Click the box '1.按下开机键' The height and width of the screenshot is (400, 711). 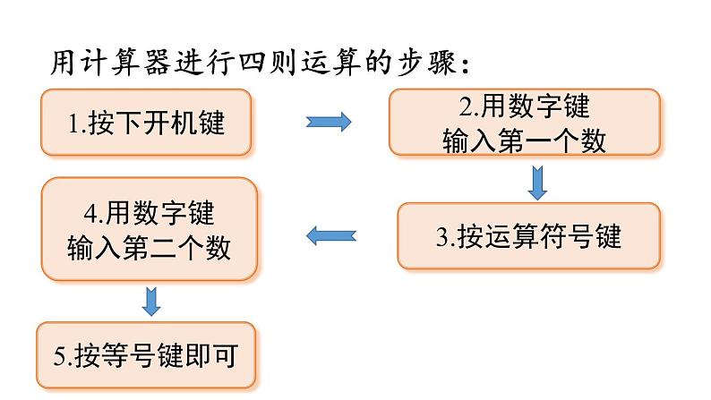pyautogui.click(x=146, y=123)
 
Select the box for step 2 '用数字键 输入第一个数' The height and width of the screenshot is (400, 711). pyautogui.click(x=524, y=123)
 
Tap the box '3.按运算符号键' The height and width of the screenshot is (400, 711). pyautogui.click(x=528, y=236)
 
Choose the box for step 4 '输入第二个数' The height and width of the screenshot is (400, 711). pyautogui.click(x=149, y=229)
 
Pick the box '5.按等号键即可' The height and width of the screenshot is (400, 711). pyautogui.click(x=144, y=355)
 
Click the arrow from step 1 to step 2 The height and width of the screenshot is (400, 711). pyautogui.click(x=329, y=123)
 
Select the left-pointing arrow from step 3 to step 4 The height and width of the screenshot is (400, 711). pyautogui.click(x=331, y=236)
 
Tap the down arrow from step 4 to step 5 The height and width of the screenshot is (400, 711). pyautogui.click(x=151, y=301)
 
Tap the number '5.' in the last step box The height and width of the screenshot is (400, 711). pyautogui.click(x=62, y=356)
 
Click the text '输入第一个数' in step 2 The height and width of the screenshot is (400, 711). pyautogui.click(x=524, y=140)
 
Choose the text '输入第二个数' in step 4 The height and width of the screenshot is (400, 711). pyautogui.click(x=149, y=246)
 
